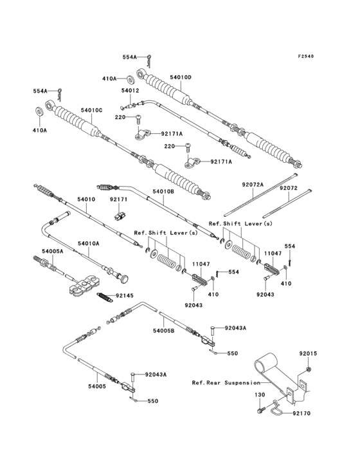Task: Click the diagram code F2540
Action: tap(306, 56)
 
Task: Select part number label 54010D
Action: tap(181, 77)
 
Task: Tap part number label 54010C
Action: tap(91, 110)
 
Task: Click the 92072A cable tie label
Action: tap(253, 185)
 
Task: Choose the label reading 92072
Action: tap(288, 189)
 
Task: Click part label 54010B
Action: tap(163, 191)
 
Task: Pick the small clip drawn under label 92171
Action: tap(121, 216)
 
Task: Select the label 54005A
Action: tap(53, 251)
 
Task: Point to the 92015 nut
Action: tap(308, 369)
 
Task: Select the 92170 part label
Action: tap(301, 413)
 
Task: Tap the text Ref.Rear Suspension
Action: tap(226, 383)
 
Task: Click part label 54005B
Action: tap(164, 331)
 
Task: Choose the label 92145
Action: tap(125, 296)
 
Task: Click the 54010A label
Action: tap(89, 243)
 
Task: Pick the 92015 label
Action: tap(308, 353)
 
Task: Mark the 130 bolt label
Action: tap(260, 394)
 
